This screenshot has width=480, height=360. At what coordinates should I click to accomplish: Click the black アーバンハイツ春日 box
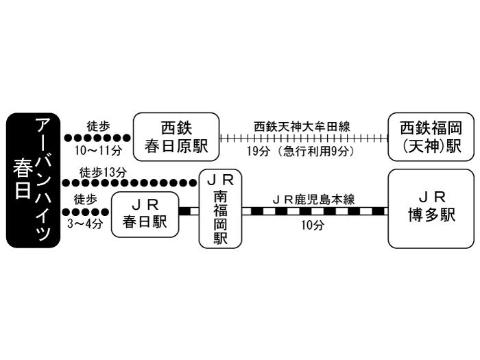pyautogui.click(x=34, y=180)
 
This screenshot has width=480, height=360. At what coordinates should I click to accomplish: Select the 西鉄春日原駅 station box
pyautogui.click(x=176, y=136)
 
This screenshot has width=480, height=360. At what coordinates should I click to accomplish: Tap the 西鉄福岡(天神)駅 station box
pyautogui.click(x=431, y=136)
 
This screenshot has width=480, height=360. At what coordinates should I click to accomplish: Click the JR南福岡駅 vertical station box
pyautogui.click(x=221, y=209)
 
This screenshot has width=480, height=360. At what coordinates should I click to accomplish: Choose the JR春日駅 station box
pyautogui.click(x=145, y=214)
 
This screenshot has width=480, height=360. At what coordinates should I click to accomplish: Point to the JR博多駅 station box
pyautogui.click(x=431, y=208)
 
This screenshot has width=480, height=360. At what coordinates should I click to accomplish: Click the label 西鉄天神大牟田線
pyautogui.click(x=302, y=126)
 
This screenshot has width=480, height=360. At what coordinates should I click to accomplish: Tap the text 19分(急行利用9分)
pyautogui.click(x=302, y=150)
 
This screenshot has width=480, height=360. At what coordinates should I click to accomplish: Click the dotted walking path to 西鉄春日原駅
pyautogui.click(x=97, y=138)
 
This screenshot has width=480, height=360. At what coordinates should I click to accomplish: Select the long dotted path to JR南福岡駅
pyautogui.click(x=130, y=183)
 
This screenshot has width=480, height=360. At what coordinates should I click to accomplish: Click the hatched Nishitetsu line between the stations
pyautogui.click(x=302, y=138)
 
